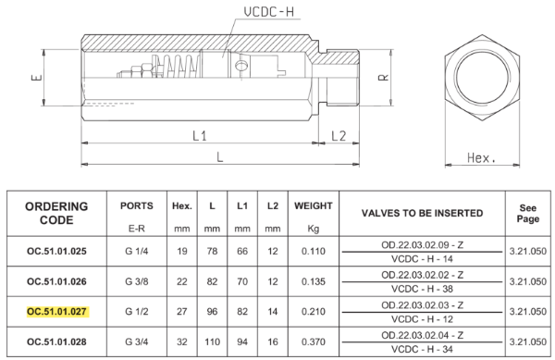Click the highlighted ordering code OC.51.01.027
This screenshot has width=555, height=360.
click(x=56, y=312)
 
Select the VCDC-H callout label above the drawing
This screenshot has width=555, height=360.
click(x=268, y=12)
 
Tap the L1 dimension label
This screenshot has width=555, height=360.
click(x=200, y=135)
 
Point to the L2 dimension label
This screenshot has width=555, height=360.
click(x=339, y=135)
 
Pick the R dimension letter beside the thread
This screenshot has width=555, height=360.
click(x=384, y=78)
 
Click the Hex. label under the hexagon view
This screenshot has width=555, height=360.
click(x=481, y=158)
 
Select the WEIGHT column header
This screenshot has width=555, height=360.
click(x=314, y=205)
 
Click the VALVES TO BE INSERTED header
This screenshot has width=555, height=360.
click(x=423, y=213)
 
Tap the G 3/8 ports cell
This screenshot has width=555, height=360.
click(x=137, y=281)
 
